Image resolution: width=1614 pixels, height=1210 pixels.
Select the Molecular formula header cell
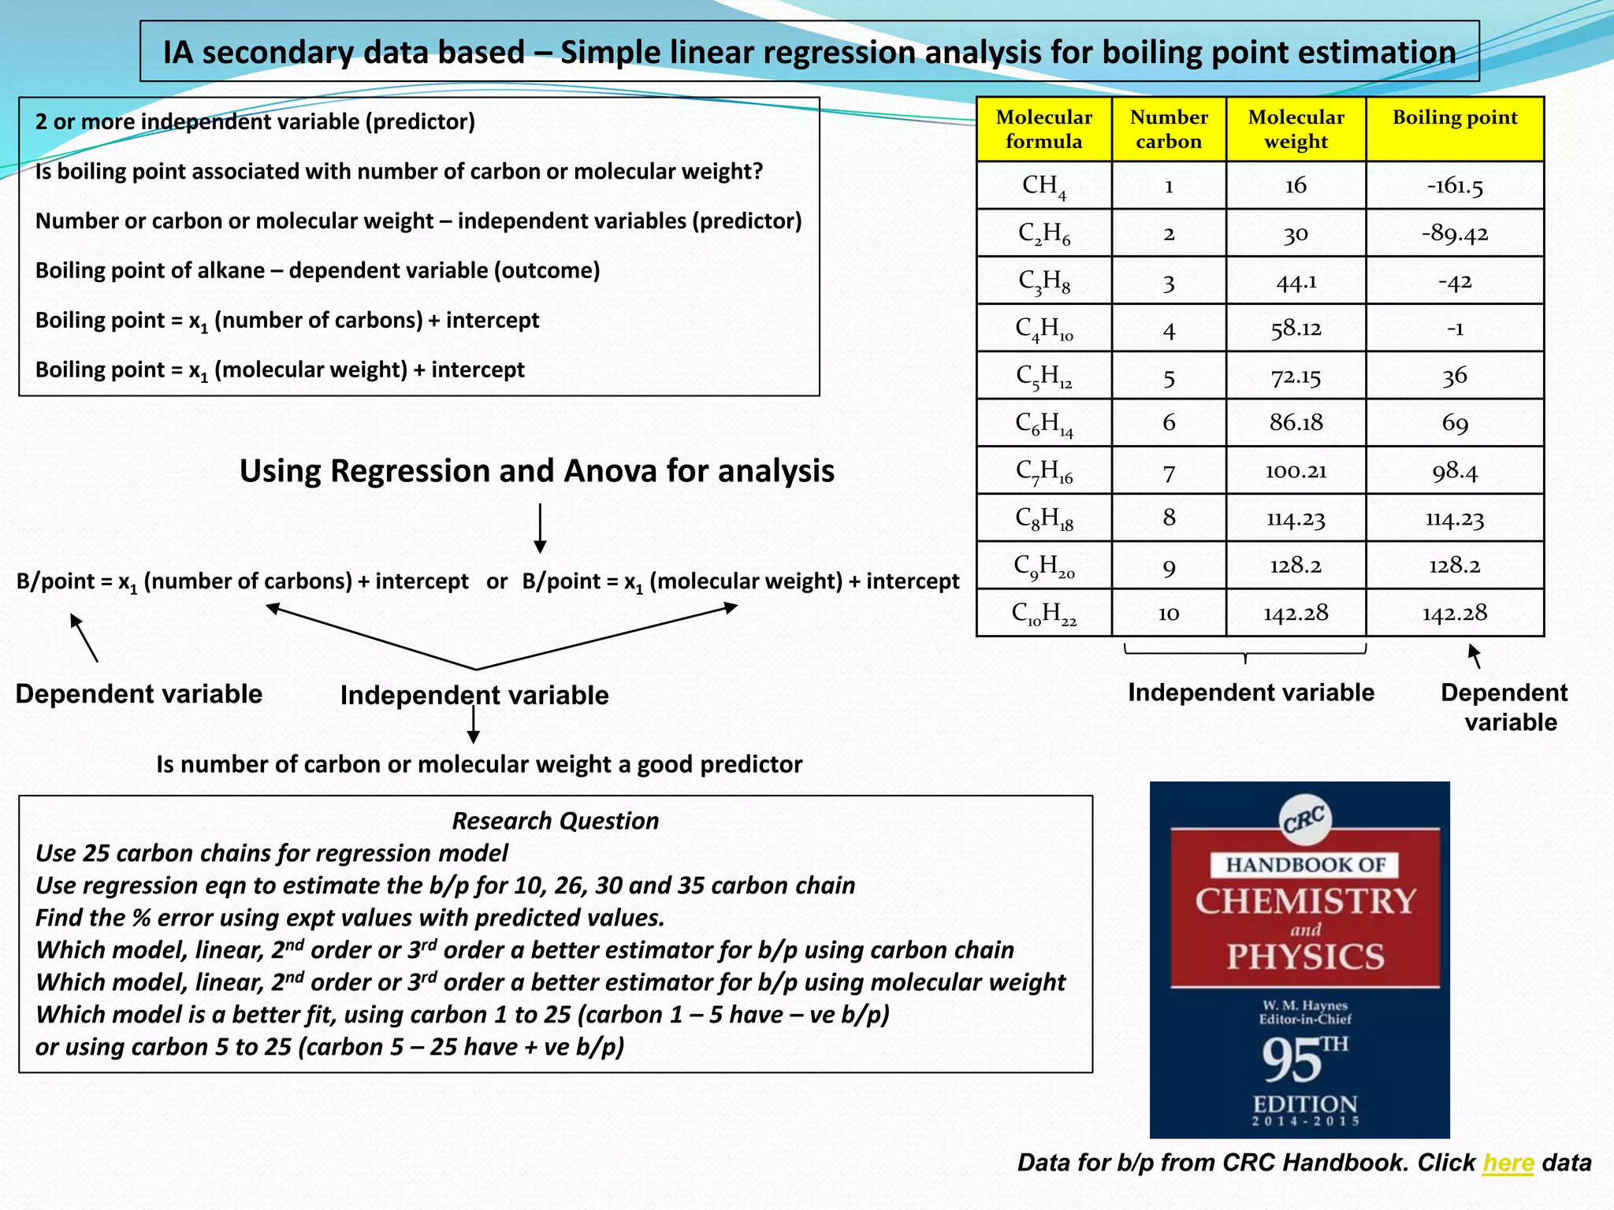coord(1043,129)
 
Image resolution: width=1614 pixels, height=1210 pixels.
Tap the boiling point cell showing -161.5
coord(1454,186)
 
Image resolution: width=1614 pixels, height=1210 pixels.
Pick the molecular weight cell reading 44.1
coord(1296,281)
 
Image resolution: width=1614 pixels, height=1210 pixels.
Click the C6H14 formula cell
coord(1043,424)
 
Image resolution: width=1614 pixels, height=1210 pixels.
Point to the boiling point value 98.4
coord(1454,471)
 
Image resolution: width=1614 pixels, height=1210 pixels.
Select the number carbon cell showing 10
coord(1168,613)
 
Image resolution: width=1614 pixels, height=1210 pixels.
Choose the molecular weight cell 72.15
coord(1296,377)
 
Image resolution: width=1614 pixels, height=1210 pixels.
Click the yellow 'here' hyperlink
coord(1508,1163)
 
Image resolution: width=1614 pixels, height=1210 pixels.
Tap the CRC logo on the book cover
coord(1304,820)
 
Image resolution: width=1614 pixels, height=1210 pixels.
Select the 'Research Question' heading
coord(555,821)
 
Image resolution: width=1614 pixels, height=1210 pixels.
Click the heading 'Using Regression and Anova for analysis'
coord(537,471)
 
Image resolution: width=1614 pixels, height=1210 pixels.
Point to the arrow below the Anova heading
coord(540,528)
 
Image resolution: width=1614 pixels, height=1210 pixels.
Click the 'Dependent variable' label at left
coord(139,694)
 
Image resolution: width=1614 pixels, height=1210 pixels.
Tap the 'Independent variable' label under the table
coord(1251,692)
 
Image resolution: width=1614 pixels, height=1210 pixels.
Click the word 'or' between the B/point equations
coord(496,581)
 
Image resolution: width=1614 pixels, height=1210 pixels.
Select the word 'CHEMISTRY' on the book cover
coord(1305,900)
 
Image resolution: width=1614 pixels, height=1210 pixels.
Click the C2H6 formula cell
coord(1043,233)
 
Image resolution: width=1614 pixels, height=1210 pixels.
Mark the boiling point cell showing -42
coord(1454,281)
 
